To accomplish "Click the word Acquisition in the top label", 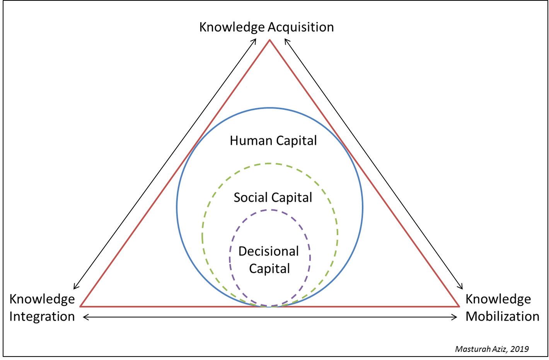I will click(x=301, y=27).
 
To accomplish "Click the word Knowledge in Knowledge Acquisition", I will click(x=232, y=27).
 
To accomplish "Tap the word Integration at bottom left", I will click(x=42, y=316).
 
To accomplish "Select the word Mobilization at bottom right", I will click(x=502, y=316).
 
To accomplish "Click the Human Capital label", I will click(x=273, y=140).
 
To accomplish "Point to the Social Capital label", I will click(x=273, y=198).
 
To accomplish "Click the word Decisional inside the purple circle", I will click(x=268, y=251).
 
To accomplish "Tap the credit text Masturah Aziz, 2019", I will click(x=492, y=349).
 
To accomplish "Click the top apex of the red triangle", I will click(x=270, y=40).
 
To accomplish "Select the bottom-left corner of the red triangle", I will click(x=80, y=306).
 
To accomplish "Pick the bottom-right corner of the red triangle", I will click(x=459, y=306).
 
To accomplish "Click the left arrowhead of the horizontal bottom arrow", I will click(x=85, y=317).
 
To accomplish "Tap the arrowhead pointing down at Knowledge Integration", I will click(x=75, y=288).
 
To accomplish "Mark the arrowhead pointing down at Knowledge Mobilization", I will click(x=462, y=288).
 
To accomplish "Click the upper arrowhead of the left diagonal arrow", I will click(x=255, y=39).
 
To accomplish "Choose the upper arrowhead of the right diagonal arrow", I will click(x=286, y=39).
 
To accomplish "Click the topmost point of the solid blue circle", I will click(x=270, y=108).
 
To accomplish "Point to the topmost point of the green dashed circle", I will click(x=270, y=164).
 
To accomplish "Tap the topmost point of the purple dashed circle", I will click(x=270, y=210).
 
